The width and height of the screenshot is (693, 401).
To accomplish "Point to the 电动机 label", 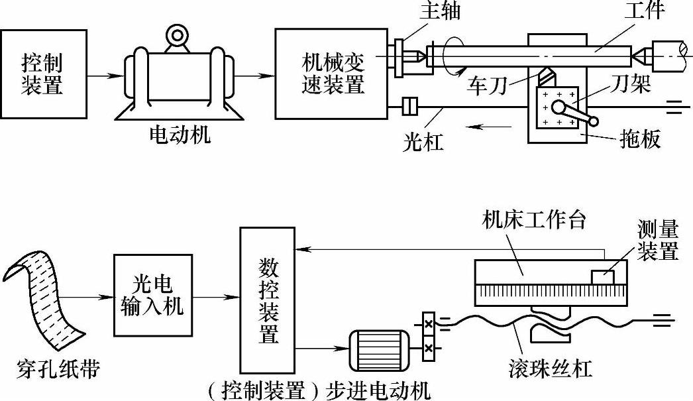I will click(180, 137).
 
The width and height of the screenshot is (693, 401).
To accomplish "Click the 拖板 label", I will click(641, 140).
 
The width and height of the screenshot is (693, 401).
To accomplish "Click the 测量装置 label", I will click(658, 241).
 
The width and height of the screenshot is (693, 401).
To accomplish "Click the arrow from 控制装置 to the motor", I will click(105, 74).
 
